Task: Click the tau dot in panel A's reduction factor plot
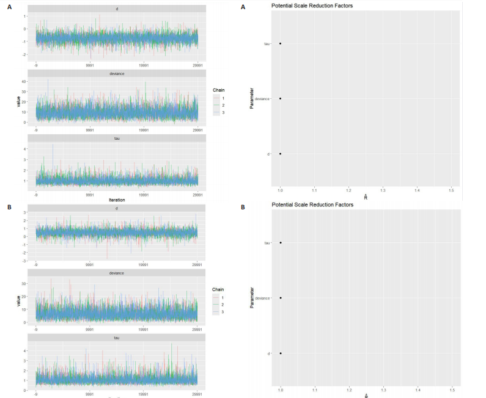coord(280,43)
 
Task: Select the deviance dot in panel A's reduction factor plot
coord(280,98)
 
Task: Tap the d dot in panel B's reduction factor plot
coord(280,353)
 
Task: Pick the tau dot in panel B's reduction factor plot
coord(280,243)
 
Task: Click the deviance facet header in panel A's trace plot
coord(117,74)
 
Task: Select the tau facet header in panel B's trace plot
coord(117,337)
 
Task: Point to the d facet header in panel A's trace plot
coord(117,9)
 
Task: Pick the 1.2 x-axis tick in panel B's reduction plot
coord(348,389)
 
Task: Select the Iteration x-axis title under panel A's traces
coord(117,199)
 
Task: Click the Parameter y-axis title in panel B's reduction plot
coord(251,297)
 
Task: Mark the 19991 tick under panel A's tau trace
coord(144,195)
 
